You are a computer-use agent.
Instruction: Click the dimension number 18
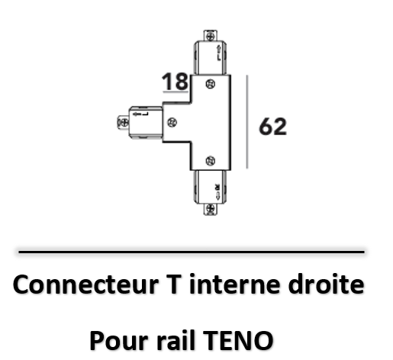tap(175, 82)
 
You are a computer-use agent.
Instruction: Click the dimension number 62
tap(272, 127)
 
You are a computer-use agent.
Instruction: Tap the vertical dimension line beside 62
tap(246, 122)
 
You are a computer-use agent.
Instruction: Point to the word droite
tap(327, 284)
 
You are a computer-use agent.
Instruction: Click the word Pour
tap(118, 340)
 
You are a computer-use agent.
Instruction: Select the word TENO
tap(238, 340)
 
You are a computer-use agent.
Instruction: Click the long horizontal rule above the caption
tap(192, 252)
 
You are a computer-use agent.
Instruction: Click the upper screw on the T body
tap(210, 84)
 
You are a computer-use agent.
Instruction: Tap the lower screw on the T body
tap(210, 161)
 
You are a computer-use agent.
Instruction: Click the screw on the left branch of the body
tap(172, 122)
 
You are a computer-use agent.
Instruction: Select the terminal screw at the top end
tap(210, 37)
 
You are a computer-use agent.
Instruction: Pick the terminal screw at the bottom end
tap(210, 209)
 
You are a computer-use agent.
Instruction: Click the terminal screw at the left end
tap(124, 123)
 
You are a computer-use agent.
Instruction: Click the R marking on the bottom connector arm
tap(217, 187)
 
